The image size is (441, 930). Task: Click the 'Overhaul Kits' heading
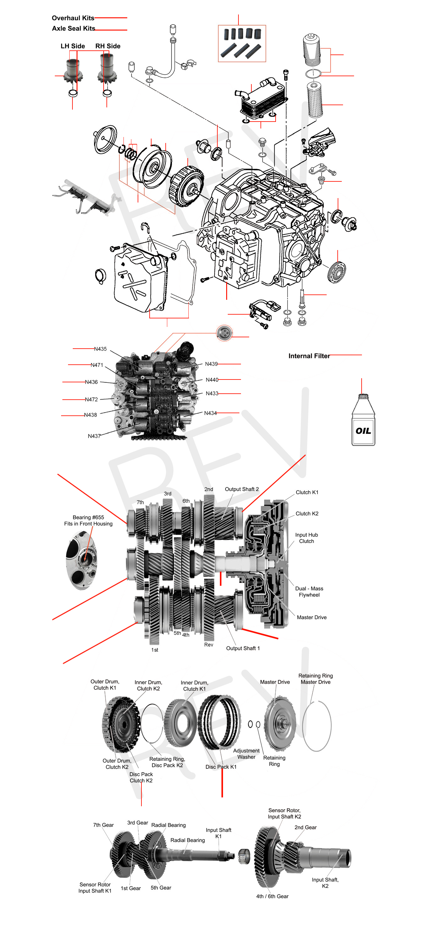pos(72,18)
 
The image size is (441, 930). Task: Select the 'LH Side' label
pos(72,46)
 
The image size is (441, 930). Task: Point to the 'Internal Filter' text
pos(309,356)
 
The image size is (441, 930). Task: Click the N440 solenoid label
pos(212,380)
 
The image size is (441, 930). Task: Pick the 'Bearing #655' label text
pos(88,520)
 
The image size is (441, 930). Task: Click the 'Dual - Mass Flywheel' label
pos(309,591)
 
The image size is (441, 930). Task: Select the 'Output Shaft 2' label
pos(242,489)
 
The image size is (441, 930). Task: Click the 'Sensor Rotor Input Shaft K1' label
pos(95,887)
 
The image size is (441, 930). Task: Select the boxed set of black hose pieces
pos(242,44)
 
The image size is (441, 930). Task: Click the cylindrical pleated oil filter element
pos(315,100)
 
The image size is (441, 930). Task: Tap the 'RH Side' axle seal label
pos(108,46)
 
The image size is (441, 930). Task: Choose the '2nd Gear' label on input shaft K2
pos(305,827)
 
